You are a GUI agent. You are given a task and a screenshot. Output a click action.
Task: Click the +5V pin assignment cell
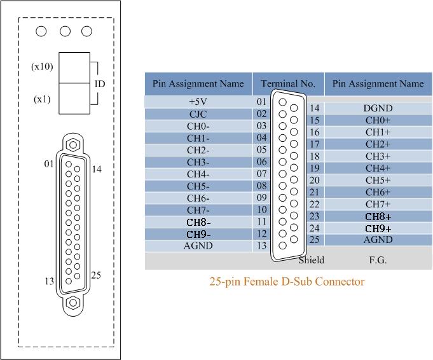198,102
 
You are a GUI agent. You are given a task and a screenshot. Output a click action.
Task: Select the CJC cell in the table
198,114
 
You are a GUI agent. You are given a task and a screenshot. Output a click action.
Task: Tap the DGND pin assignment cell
378,108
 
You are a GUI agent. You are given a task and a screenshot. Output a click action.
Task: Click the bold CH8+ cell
378,217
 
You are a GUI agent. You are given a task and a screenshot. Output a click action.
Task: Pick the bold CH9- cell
198,234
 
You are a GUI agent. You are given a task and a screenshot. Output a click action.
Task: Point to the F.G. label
378,260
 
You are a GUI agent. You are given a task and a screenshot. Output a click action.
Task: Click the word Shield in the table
311,260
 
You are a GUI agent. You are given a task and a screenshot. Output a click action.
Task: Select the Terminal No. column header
288,83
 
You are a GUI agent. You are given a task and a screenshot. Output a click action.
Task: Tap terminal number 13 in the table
261,246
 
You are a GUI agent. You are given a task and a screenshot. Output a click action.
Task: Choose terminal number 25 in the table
314,239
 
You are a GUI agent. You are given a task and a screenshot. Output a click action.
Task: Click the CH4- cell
198,174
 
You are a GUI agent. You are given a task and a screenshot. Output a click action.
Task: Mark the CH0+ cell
378,120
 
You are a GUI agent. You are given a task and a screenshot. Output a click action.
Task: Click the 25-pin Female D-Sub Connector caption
287,282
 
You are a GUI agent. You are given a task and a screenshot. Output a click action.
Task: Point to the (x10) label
42,66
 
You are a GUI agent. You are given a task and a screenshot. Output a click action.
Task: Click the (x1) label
42,99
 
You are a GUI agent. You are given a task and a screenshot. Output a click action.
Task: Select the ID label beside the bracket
100,84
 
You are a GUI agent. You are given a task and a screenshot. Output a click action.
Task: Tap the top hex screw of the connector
73,144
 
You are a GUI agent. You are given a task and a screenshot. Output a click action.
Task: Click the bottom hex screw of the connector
73,303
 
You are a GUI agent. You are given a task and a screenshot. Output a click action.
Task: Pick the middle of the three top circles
65,31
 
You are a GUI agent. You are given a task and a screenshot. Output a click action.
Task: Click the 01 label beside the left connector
49,164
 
